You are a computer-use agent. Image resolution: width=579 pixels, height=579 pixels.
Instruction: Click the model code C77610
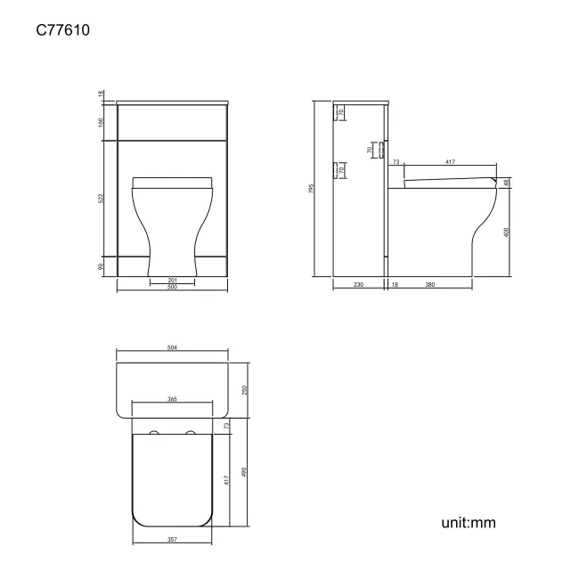click(62, 30)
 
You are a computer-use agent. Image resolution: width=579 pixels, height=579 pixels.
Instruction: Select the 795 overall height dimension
click(312, 188)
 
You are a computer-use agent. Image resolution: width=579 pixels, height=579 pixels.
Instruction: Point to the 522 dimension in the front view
click(102, 200)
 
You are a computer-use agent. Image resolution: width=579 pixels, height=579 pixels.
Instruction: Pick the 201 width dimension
click(172, 281)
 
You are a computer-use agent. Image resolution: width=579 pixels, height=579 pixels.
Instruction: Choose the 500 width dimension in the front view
click(172, 288)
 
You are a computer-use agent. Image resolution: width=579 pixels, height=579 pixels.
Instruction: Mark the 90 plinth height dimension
click(102, 265)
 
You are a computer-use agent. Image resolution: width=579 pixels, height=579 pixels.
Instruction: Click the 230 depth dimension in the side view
click(357, 286)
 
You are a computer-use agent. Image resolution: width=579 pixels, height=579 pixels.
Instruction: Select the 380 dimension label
click(430, 286)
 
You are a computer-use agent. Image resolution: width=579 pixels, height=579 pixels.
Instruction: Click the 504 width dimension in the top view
click(172, 349)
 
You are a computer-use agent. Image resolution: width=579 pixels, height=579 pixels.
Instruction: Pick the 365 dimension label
click(172, 399)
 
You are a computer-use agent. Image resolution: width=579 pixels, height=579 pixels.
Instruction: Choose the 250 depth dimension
click(244, 389)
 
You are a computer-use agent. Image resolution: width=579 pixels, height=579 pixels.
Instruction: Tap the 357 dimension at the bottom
click(172, 538)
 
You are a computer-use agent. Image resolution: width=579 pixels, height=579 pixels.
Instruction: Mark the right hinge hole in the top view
click(190, 434)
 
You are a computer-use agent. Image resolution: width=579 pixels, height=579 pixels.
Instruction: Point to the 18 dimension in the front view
click(102, 94)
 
